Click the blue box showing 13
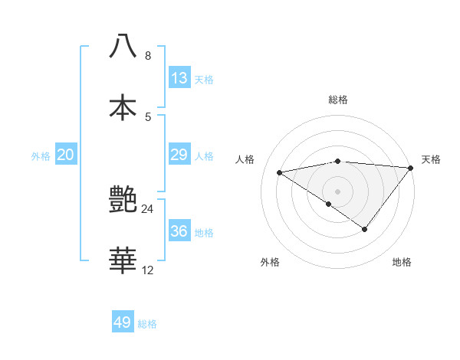(179, 78)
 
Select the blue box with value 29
(179, 155)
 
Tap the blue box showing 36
(179, 231)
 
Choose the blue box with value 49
(123, 322)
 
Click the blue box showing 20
(66, 155)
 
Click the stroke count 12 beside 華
(147, 270)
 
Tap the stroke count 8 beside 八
(147, 55)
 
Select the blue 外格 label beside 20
(41, 156)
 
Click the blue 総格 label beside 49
(147, 324)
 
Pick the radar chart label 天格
(431, 159)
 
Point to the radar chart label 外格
(270, 262)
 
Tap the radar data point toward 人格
(280, 172)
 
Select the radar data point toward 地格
(365, 229)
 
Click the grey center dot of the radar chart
(337, 190)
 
